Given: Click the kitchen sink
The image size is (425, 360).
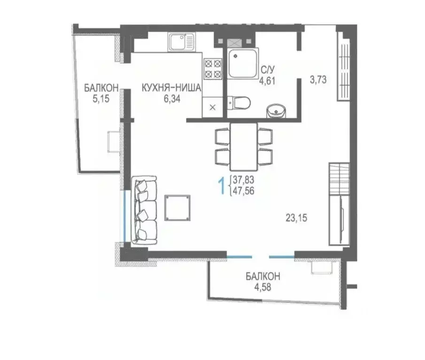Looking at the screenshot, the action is pos(181,42).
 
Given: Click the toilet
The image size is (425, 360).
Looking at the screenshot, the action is pos(239,103).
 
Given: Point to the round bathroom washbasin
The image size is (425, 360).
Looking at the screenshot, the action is pos(277,111).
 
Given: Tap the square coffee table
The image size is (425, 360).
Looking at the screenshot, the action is pos(177,208).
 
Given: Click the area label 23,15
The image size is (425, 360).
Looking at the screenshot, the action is pos(296,218).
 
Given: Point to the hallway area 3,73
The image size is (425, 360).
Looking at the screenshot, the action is pos(318,80).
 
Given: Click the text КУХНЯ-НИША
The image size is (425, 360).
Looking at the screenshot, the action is pos(171,88).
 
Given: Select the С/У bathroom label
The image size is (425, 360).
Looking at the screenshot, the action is pos(268,70).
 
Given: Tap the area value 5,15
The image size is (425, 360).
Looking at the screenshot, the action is pos(101,99).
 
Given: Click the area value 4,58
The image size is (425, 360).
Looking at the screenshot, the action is pos(263,287).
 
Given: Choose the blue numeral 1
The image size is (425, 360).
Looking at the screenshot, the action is pos(222,185).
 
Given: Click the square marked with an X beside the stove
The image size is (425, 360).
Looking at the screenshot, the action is pos(212,107).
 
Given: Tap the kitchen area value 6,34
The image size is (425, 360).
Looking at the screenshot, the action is pos(172,99).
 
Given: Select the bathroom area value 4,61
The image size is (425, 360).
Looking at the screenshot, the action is pos(267,81).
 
